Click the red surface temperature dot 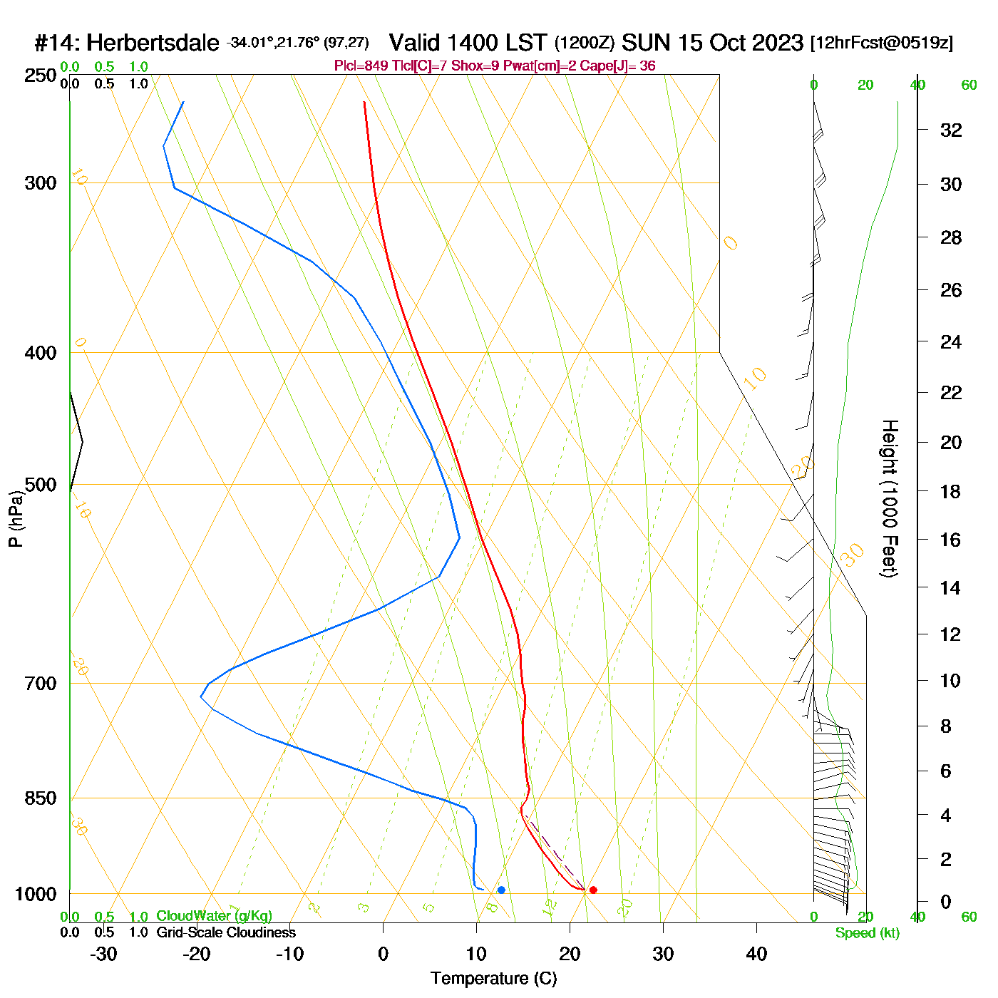[x=593, y=890]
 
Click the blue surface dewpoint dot [x=501, y=890]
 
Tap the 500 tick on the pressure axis [x=41, y=485]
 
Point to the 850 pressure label [x=41, y=798]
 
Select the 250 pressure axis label [x=41, y=76]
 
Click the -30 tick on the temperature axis [x=103, y=954]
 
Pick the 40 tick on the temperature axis [x=756, y=954]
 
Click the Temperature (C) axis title [x=493, y=979]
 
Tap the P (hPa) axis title [x=16, y=519]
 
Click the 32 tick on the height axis [x=951, y=130]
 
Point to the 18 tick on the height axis [x=951, y=491]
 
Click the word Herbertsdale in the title [x=153, y=43]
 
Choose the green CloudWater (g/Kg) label [x=214, y=916]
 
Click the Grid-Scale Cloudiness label [x=226, y=932]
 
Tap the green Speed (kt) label [x=868, y=933]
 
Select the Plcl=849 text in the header [x=361, y=66]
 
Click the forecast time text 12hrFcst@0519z [x=881, y=43]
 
